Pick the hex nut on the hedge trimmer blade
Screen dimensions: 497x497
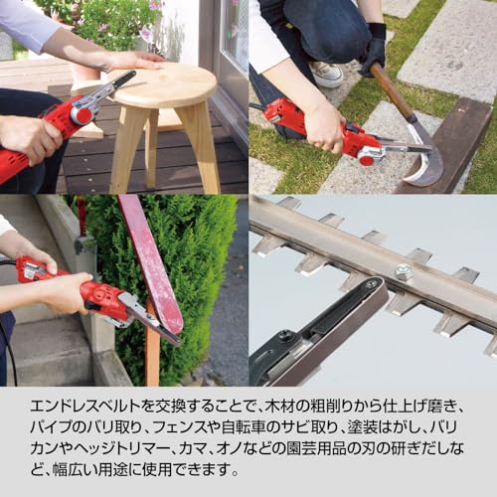point(404,271)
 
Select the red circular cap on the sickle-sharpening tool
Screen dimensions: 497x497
point(367,160)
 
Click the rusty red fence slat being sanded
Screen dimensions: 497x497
point(151,261)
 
